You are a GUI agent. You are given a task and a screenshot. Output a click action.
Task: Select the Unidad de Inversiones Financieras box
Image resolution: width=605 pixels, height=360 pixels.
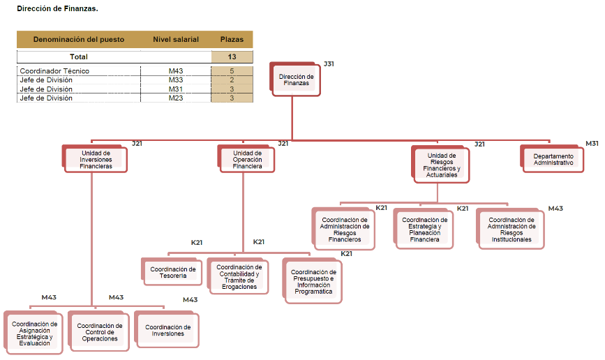tap(96, 160)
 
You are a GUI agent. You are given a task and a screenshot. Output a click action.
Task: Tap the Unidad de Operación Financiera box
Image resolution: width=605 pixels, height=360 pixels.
tap(248, 160)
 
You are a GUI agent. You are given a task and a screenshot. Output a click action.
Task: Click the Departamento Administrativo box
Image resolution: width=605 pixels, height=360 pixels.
tap(553, 159)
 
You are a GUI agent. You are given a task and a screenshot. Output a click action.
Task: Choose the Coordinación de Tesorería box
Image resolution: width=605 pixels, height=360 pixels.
tap(173, 272)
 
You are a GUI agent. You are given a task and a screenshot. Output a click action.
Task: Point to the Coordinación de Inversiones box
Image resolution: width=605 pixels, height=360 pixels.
tap(167, 330)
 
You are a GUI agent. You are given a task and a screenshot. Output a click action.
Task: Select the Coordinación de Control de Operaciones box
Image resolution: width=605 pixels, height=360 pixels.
tap(99, 332)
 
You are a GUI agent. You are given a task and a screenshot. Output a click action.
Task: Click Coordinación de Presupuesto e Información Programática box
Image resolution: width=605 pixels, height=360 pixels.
tap(313, 281)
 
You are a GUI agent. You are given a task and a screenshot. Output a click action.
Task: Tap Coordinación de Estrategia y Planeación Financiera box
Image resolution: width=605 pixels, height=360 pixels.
tap(424, 229)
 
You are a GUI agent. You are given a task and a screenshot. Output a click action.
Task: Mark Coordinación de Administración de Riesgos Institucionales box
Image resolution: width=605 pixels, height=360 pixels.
tap(511, 230)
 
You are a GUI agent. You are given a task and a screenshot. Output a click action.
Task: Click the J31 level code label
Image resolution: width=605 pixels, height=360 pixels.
tap(329, 64)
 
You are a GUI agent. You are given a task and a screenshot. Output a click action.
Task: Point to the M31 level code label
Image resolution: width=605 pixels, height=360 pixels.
tap(592, 144)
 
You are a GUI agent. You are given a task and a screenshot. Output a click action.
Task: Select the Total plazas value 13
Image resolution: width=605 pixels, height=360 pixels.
tap(232, 57)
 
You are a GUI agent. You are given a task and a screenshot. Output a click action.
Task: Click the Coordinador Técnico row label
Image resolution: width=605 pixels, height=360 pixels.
tap(54, 71)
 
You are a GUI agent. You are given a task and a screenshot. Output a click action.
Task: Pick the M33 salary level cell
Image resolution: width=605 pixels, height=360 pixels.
tap(176, 80)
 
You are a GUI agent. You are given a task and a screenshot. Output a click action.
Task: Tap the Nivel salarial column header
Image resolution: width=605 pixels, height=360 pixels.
tap(176, 40)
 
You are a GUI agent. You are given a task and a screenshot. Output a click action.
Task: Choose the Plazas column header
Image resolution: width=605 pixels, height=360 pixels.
tap(232, 40)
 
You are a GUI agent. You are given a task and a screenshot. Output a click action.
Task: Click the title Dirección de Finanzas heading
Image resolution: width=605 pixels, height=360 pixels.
tap(57, 9)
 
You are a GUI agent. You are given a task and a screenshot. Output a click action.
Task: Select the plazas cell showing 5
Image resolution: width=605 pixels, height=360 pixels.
tap(232, 71)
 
